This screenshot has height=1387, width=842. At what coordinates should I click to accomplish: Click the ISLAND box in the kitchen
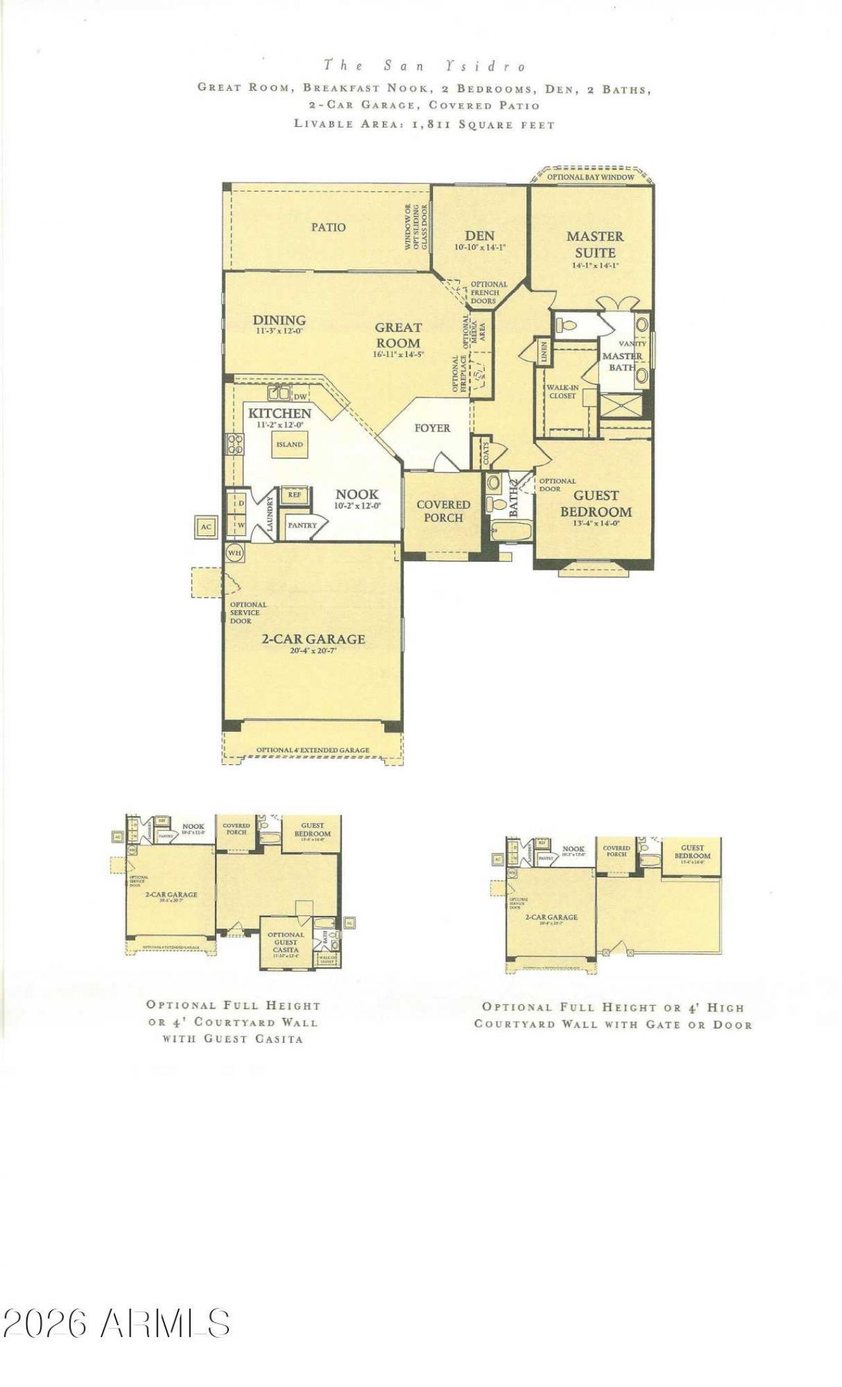click(289, 445)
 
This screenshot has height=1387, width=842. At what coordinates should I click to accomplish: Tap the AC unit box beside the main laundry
click(206, 527)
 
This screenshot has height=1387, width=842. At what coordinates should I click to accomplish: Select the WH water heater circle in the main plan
click(234, 553)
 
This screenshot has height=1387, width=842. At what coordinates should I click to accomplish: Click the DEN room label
click(480, 236)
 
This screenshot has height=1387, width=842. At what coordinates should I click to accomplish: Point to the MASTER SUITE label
click(595, 244)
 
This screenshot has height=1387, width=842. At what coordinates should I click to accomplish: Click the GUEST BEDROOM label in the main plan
click(595, 504)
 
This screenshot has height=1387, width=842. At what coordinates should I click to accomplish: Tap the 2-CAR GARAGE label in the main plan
click(313, 639)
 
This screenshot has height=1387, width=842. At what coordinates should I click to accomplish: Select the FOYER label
click(432, 428)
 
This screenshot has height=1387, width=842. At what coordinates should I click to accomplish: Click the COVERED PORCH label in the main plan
click(443, 511)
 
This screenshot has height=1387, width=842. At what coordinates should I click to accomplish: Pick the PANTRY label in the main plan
click(302, 525)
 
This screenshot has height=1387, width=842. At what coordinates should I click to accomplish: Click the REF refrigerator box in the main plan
click(294, 495)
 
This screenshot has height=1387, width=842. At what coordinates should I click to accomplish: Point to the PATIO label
click(328, 227)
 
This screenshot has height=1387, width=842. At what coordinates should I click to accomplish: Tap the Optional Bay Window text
click(591, 177)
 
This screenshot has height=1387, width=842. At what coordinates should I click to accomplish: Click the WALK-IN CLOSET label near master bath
click(562, 392)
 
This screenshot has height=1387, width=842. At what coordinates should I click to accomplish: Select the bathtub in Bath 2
click(510, 531)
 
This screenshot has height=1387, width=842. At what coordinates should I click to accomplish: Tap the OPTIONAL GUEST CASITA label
click(285, 942)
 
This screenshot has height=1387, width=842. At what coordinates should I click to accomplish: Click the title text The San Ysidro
click(425, 66)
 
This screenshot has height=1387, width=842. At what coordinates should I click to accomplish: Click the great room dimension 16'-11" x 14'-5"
click(398, 354)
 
